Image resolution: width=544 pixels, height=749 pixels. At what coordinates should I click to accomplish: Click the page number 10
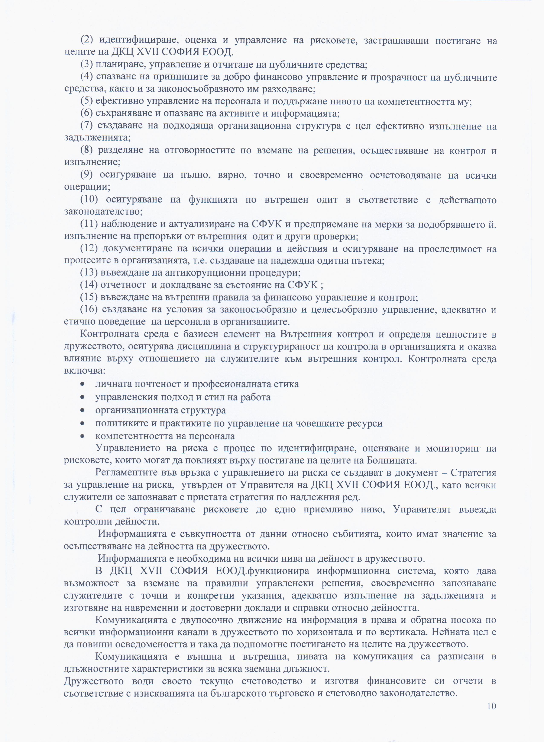point(491,706)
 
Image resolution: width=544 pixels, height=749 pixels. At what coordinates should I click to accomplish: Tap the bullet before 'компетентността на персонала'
point(82,436)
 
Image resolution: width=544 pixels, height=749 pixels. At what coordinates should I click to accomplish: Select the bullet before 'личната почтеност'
point(82,384)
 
